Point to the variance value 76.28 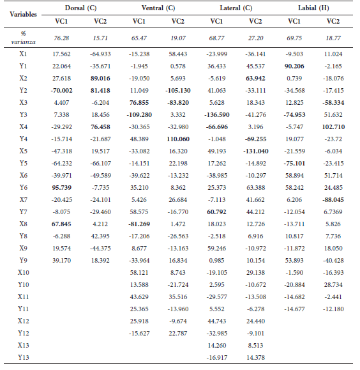62,38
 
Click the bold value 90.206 294,65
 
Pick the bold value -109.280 140,114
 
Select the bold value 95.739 62,187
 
